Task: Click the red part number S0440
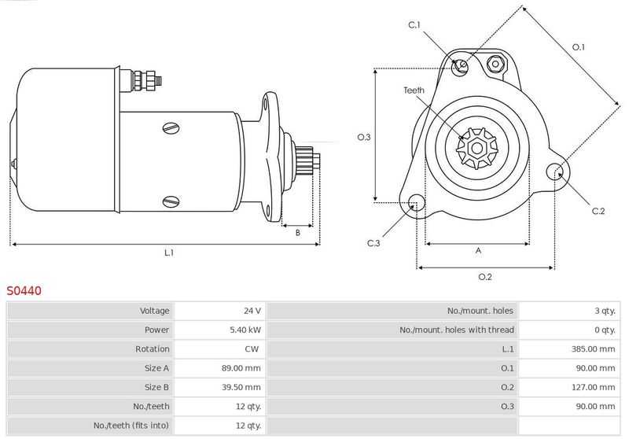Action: [24, 290]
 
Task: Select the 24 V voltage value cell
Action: [252, 311]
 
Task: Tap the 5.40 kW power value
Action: [245, 330]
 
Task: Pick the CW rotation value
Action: [252, 349]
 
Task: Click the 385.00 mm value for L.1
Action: [593, 349]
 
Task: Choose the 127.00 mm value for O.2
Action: [593, 387]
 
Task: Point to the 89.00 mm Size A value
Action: [241, 368]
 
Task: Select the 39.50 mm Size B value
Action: [241, 387]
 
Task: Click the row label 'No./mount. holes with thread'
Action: [457, 330]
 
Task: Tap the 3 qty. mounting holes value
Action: [605, 311]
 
